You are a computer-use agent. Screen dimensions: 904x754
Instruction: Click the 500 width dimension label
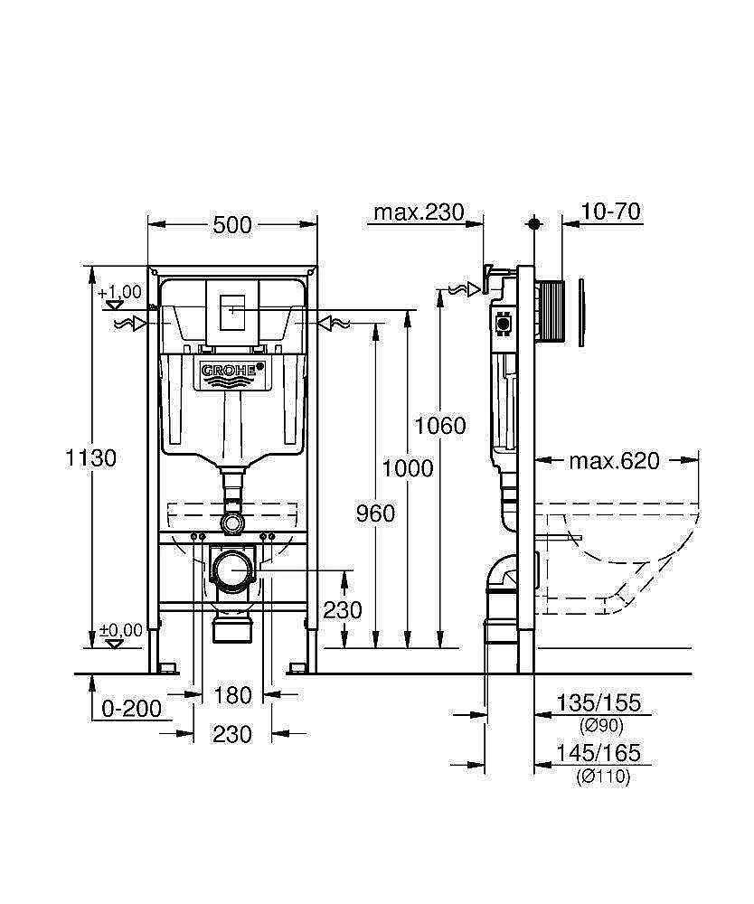click(232, 226)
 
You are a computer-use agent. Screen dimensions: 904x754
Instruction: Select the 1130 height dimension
click(90, 458)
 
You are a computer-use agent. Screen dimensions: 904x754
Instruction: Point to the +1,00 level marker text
click(120, 291)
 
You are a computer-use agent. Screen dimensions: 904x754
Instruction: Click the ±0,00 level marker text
click(120, 630)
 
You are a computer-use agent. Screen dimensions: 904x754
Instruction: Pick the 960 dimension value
click(374, 513)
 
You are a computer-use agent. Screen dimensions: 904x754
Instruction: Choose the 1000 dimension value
click(408, 468)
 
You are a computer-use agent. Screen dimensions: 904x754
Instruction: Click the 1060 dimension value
click(440, 425)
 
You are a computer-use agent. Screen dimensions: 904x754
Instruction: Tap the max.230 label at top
click(419, 212)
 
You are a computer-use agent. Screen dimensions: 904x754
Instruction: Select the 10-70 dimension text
click(611, 212)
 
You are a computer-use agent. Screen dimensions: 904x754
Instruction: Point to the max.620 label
click(614, 461)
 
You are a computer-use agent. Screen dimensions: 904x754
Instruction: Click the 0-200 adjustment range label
click(132, 709)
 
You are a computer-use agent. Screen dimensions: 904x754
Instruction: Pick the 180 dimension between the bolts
click(232, 695)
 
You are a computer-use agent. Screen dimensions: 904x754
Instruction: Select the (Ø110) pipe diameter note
click(602, 776)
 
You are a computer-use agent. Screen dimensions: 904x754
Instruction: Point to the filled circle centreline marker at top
click(535, 222)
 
